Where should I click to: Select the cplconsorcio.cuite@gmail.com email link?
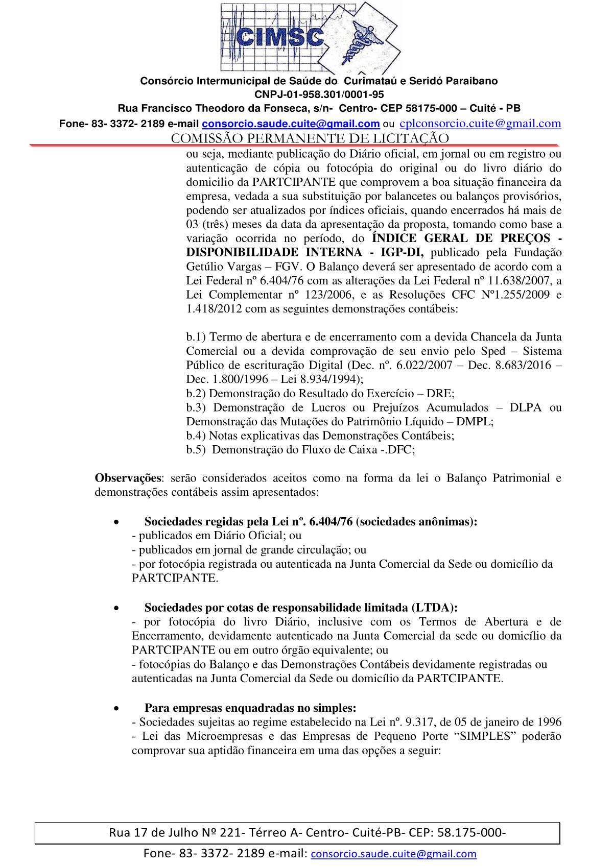point(480,123)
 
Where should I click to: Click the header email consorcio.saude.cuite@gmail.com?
point(291,124)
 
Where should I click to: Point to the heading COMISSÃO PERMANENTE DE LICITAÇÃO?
point(310,138)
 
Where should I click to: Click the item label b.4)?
point(196,436)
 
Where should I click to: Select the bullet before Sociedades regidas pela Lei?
point(117,522)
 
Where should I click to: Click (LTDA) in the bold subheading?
point(434,608)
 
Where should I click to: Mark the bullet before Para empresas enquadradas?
point(117,708)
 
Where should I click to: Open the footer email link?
point(393,854)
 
